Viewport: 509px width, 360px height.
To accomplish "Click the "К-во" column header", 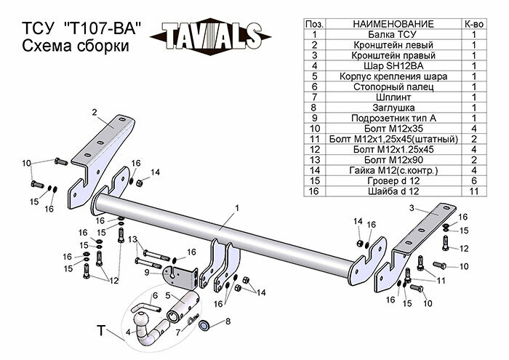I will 473,24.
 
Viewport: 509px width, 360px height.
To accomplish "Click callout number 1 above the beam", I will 236,209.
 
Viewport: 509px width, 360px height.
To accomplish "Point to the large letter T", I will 100,332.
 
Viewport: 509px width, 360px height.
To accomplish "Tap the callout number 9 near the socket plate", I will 146,272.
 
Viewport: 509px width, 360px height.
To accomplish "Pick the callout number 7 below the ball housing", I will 177,332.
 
